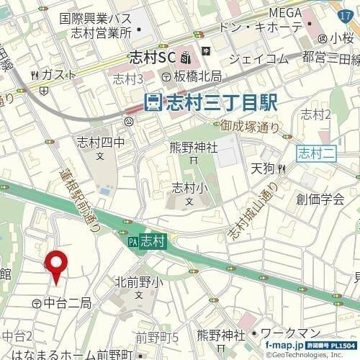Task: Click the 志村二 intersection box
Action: [x=313, y=151]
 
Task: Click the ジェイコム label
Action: [x=257, y=58]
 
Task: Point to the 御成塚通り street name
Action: [x=248, y=127]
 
